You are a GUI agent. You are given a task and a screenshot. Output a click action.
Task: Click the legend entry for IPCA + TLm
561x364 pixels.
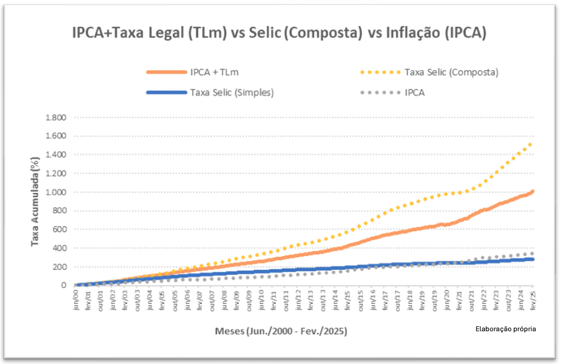[x=214, y=72]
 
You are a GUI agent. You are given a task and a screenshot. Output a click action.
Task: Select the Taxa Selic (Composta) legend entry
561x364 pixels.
[x=451, y=72]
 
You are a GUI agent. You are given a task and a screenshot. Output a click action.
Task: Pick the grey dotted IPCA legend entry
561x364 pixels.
[x=414, y=92]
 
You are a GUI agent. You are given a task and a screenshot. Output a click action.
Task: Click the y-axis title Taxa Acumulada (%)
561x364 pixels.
[x=36, y=200]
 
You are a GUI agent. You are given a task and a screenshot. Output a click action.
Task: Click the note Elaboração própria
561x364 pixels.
[x=506, y=329]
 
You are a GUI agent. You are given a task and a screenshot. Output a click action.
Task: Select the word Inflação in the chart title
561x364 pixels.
[x=411, y=33]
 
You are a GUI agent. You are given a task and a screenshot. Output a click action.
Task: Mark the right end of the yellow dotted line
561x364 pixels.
[x=532, y=144]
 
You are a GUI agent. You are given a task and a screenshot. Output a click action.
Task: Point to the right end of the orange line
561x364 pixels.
[x=532, y=192]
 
